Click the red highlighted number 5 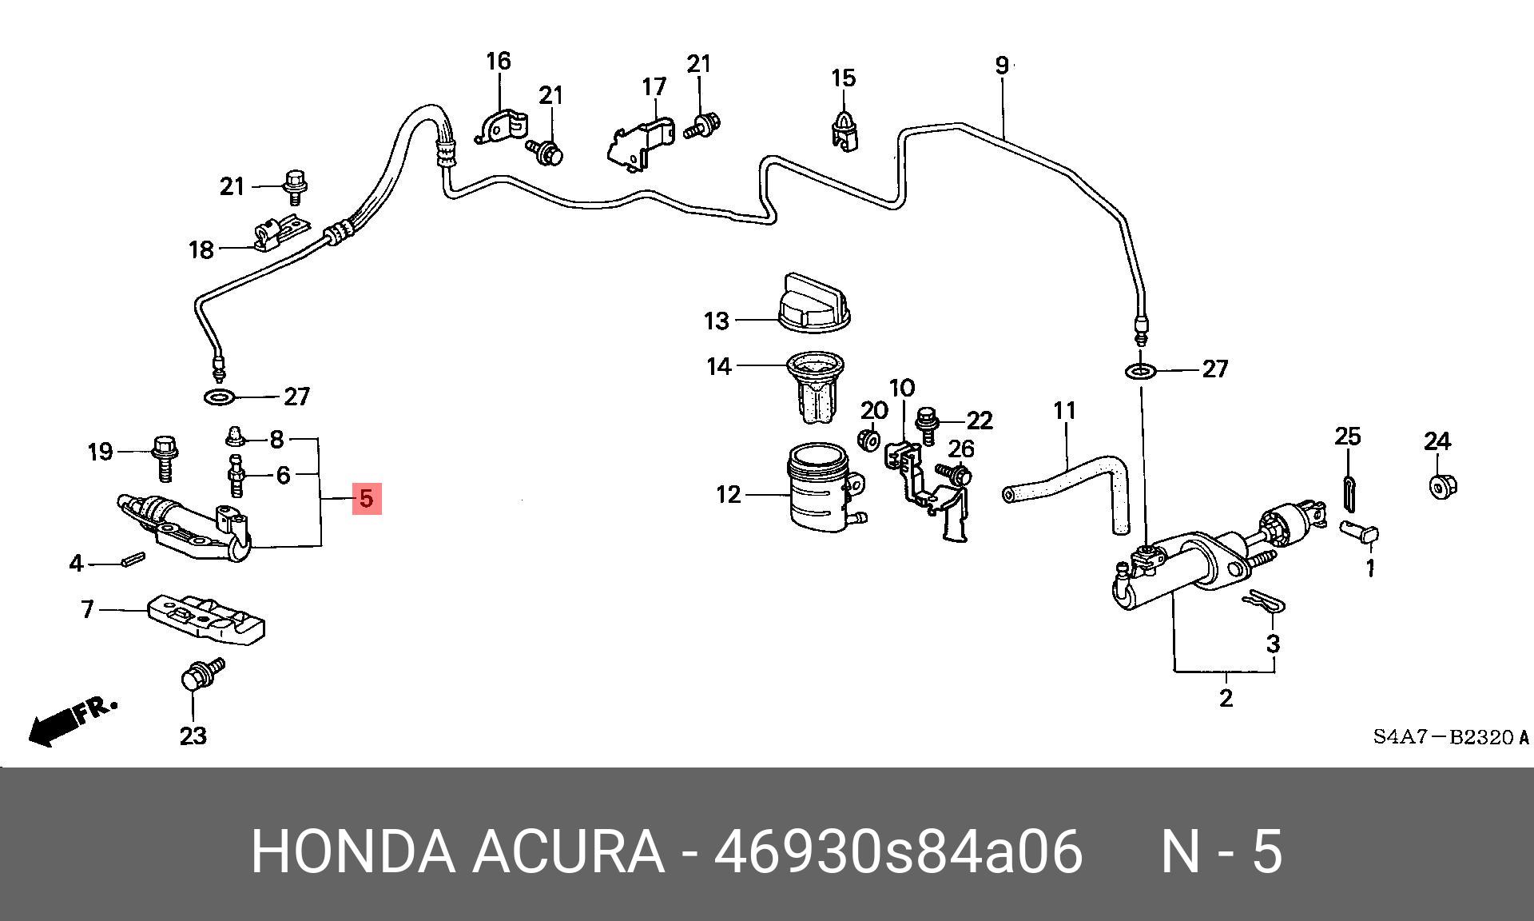coord(366,498)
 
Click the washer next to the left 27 coord(218,397)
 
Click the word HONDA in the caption coord(353,851)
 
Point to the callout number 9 coord(1002,65)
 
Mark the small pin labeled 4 coord(133,560)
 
